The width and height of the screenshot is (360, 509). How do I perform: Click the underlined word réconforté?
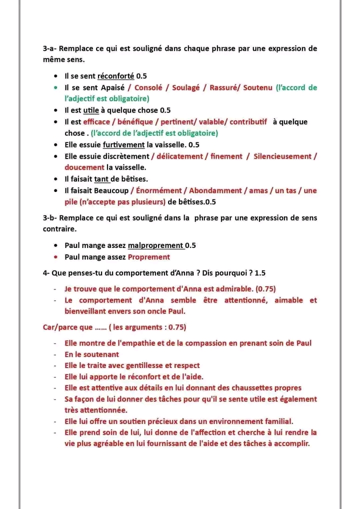115,76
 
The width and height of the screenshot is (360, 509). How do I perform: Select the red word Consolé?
148,87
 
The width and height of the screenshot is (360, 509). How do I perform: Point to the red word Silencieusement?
282,156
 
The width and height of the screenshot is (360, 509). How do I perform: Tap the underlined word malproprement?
155,245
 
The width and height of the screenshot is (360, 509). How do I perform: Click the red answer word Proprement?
149,257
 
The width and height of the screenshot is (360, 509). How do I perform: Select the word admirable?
234,289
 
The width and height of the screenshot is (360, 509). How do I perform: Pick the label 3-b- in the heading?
51,218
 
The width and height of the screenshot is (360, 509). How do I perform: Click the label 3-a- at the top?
51,48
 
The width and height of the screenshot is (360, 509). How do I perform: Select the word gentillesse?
148,365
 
